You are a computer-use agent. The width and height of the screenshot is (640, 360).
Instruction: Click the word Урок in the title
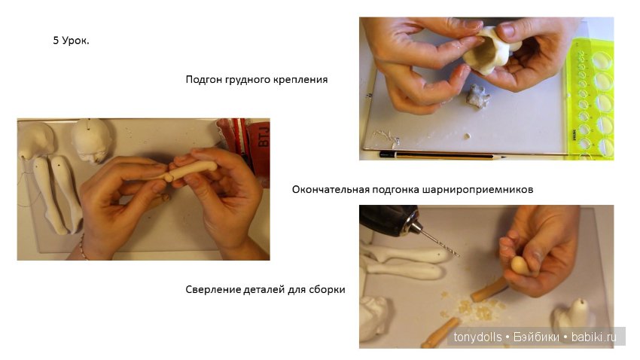(76, 41)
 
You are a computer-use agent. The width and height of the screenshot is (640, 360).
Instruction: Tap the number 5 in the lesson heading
(56, 41)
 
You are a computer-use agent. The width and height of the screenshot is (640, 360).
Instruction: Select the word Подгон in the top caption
(204, 79)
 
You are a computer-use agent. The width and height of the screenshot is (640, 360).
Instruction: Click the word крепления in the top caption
(302, 79)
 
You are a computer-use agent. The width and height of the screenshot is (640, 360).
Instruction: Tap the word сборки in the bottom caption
(328, 289)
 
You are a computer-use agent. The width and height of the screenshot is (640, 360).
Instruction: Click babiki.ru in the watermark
(593, 337)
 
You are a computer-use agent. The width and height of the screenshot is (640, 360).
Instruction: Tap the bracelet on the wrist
(82, 248)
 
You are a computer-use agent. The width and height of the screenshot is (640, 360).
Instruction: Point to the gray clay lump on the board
(477, 96)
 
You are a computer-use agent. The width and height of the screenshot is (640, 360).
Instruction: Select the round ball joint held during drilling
(519, 265)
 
